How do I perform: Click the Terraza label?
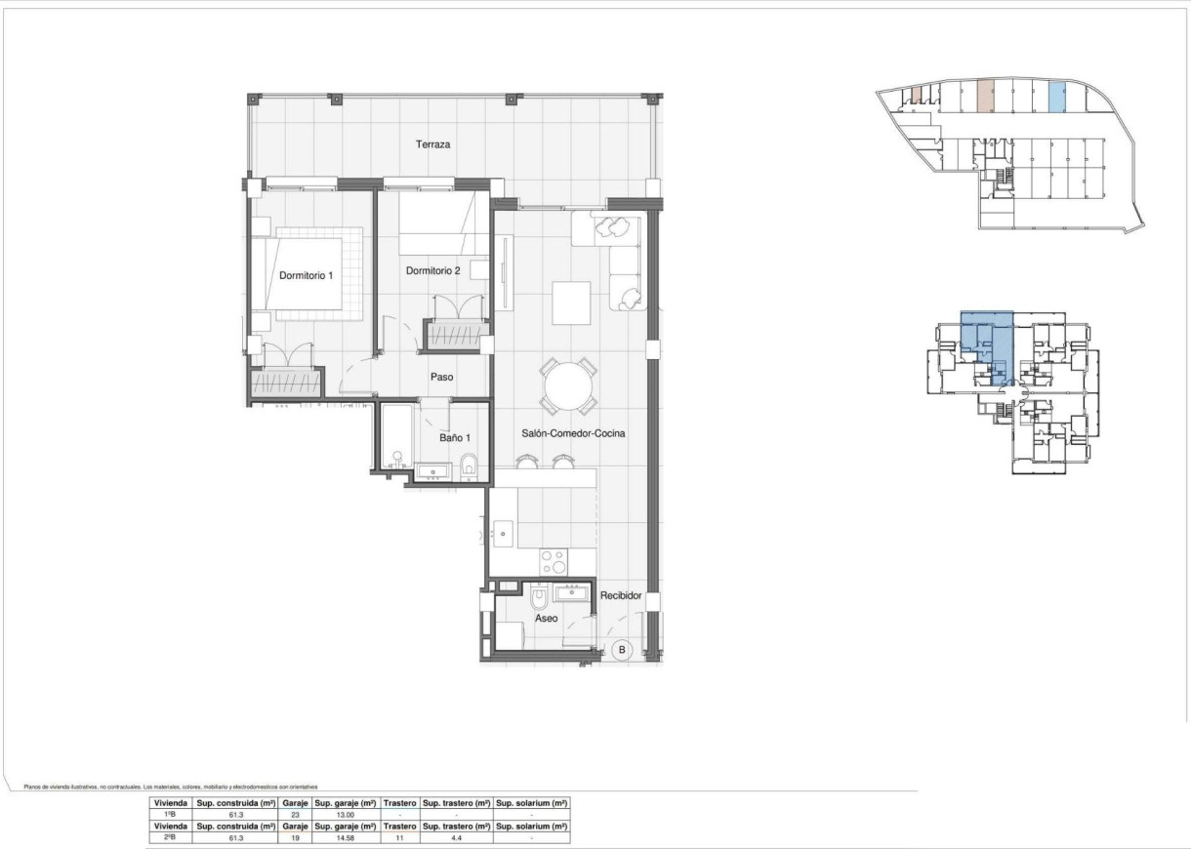click(x=432, y=144)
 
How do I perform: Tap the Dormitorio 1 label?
click(x=306, y=275)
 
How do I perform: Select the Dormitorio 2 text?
click(x=432, y=270)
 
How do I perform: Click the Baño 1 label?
click(x=453, y=439)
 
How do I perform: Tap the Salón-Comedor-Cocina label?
click(x=574, y=432)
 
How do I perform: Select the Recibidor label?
click(x=620, y=594)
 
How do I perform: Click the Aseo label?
click(x=547, y=619)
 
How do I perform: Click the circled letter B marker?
click(x=623, y=649)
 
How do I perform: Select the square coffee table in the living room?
click(x=571, y=303)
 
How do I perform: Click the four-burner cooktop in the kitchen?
click(x=554, y=562)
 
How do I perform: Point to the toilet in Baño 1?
click(x=469, y=465)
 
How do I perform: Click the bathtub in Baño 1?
click(x=395, y=438)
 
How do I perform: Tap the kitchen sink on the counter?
click(x=504, y=533)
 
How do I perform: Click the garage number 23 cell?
click(x=295, y=814)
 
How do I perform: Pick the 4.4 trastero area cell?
click(x=455, y=837)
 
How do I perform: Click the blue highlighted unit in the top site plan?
click(x=1055, y=97)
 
